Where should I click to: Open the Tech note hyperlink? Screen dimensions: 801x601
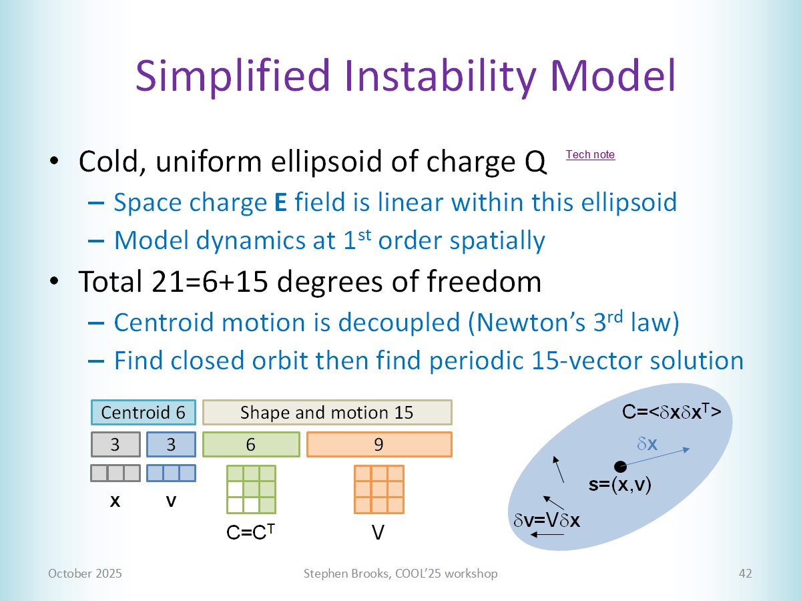click(590, 155)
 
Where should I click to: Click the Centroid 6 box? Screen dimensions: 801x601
click(144, 412)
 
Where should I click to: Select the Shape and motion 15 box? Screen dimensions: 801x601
click(327, 412)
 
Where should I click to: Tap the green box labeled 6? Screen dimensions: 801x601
click(251, 445)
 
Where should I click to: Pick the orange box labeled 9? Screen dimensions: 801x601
click(379, 445)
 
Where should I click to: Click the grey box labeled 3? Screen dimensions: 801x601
click(115, 445)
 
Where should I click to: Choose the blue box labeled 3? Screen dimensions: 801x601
click(171, 445)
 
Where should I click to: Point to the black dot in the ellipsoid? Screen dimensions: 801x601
click(620, 466)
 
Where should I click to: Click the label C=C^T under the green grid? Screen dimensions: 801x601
click(250, 532)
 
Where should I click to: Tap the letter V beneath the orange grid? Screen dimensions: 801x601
click(378, 533)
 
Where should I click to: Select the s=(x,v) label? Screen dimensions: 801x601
click(619, 485)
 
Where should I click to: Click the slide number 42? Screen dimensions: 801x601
click(745, 573)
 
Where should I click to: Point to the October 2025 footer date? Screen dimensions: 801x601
click(85, 573)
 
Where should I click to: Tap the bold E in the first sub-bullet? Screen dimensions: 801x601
click(280, 202)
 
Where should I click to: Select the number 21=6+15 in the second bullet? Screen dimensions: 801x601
click(210, 282)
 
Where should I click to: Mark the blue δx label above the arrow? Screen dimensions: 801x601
click(647, 443)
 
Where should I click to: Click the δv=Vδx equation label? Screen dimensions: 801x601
click(546, 520)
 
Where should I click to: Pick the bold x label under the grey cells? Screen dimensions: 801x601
click(115, 502)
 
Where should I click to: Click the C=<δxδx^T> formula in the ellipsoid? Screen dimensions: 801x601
click(672, 411)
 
